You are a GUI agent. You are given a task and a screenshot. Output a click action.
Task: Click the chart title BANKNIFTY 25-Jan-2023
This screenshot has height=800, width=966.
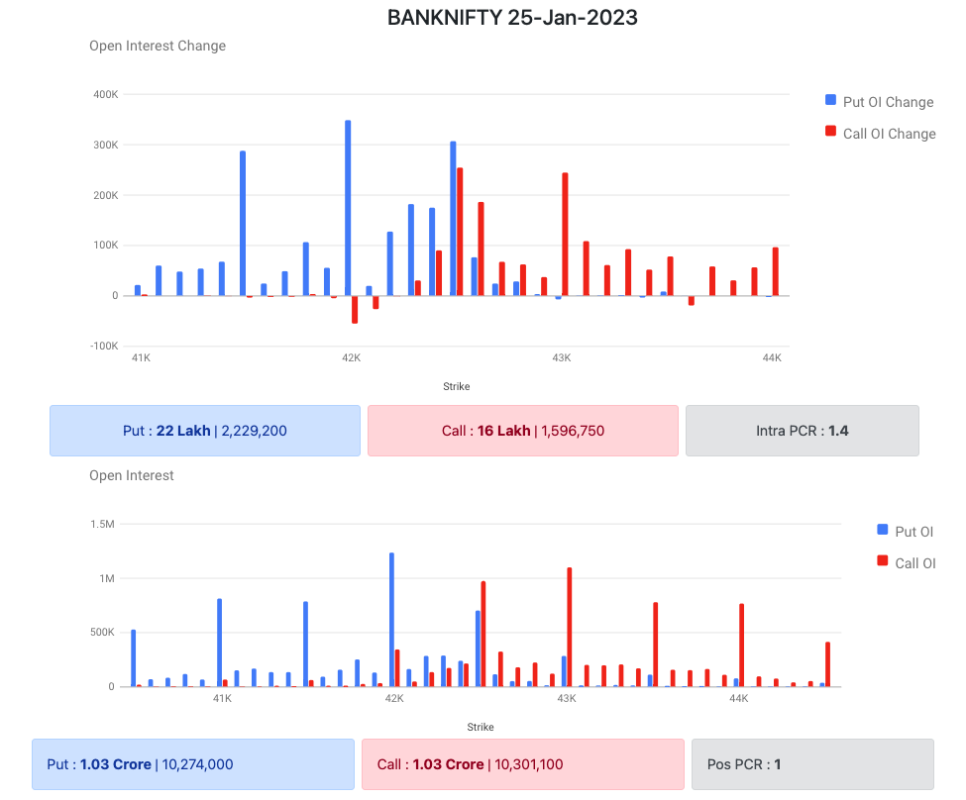tap(511, 18)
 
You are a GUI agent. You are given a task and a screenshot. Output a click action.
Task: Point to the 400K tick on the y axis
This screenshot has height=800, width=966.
tap(105, 95)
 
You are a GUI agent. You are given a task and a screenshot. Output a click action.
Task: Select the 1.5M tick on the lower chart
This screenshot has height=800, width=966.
tap(103, 524)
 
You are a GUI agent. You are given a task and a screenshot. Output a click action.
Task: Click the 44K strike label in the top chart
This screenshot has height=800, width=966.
tap(772, 357)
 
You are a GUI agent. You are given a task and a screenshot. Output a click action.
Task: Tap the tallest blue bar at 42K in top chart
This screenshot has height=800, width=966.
tap(348, 208)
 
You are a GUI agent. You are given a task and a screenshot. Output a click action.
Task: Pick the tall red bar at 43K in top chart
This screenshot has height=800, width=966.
tap(565, 234)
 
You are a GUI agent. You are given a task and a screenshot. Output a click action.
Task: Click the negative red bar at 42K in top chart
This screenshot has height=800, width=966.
tap(355, 309)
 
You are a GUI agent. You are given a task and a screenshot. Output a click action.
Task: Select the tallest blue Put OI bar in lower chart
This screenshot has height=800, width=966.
tap(391, 619)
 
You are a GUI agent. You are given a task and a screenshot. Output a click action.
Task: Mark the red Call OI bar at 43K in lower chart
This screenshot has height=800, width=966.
tap(569, 627)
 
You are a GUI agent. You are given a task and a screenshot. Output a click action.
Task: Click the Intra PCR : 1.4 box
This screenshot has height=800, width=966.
tap(802, 431)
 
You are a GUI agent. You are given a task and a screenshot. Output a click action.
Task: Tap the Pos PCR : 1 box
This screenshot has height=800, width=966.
tap(811, 764)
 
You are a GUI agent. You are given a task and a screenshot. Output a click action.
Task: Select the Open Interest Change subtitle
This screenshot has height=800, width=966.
tap(158, 46)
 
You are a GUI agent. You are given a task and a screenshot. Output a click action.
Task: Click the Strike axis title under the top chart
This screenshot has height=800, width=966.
tap(457, 386)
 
